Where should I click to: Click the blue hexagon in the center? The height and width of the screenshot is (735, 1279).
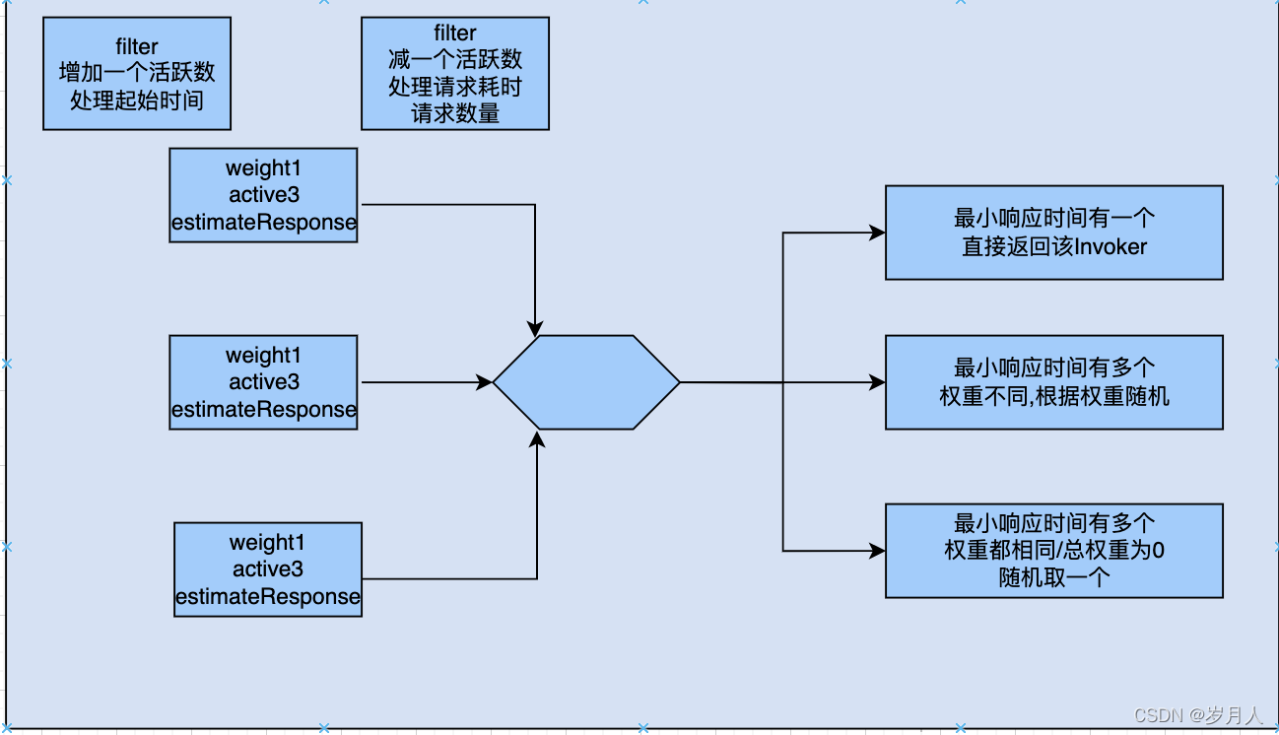586,382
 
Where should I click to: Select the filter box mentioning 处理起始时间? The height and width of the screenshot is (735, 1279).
137,73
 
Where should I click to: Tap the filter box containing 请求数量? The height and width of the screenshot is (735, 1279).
455,73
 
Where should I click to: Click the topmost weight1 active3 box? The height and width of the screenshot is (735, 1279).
263,195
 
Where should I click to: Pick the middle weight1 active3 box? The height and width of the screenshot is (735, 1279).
263,382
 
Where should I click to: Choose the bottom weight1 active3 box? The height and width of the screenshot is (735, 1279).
268,569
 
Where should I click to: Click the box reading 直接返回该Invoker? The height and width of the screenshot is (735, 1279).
1053,233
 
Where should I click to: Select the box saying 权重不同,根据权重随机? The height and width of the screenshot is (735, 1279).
1053,382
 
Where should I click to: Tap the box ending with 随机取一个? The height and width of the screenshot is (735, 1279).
1053,551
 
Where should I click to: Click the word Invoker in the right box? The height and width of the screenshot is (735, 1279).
1111,246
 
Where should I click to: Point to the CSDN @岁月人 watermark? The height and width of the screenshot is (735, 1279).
1198,715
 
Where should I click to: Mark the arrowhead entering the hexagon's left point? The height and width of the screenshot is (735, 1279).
485,382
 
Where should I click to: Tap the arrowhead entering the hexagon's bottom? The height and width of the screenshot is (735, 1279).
537,436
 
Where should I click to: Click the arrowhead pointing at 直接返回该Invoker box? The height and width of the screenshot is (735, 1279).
877,234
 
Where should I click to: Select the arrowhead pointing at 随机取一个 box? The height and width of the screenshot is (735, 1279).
877,551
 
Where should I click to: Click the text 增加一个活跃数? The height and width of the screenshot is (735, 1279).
137,73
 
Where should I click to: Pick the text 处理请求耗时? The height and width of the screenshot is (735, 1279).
455,87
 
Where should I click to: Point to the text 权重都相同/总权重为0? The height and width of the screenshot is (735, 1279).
1053,551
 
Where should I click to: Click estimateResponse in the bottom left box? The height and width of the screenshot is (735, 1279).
268,597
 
